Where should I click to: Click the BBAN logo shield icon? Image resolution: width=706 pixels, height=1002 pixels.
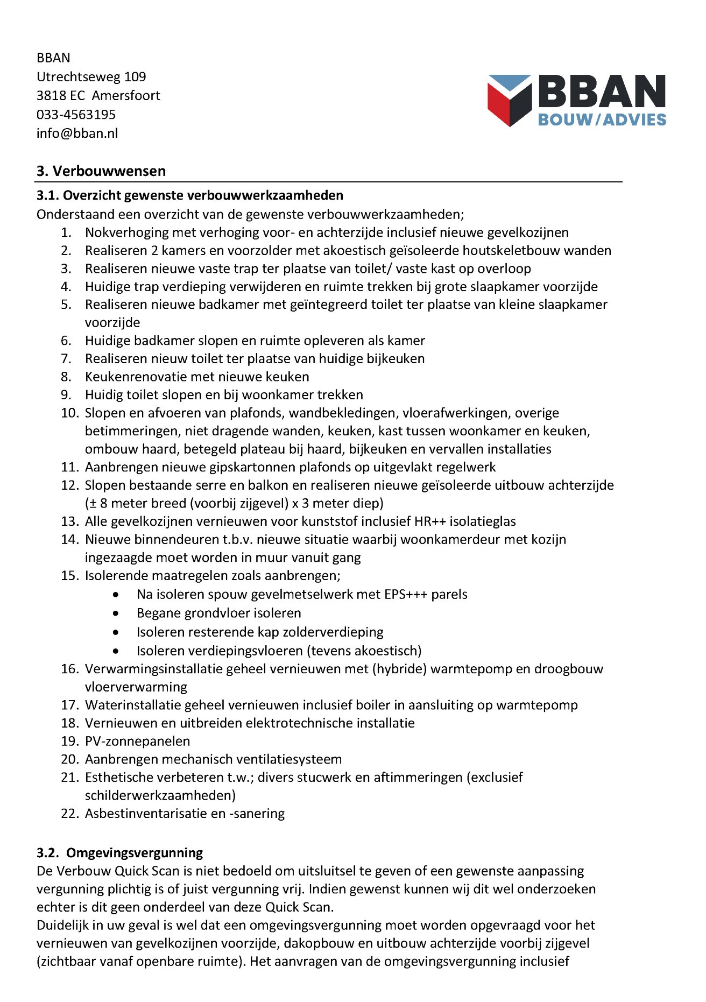coord(509,100)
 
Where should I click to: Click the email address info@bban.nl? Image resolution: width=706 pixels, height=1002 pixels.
coord(77,133)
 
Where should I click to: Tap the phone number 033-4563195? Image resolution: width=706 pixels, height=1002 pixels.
coord(76,115)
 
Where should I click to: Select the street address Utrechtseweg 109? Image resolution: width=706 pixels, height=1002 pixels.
coord(91,77)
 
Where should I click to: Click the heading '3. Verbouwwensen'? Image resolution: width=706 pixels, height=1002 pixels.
coord(101,171)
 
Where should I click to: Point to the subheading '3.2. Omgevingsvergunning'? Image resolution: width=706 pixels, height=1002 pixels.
coord(119,853)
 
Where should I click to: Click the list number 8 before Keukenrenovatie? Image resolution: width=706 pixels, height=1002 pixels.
coord(66,377)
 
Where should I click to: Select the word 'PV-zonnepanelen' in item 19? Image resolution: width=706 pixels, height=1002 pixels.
coord(137,742)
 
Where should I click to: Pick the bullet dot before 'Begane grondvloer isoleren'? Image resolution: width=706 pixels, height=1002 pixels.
coord(116,613)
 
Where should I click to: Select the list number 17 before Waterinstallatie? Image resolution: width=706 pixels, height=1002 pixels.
coord(70,705)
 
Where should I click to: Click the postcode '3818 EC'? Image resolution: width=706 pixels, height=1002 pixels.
coord(60,96)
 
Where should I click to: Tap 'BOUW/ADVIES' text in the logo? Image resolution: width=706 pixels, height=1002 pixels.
coord(602,119)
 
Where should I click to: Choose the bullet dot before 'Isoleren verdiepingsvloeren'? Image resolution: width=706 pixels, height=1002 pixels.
coord(116,651)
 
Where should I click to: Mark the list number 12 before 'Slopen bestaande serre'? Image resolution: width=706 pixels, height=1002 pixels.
coord(70,485)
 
